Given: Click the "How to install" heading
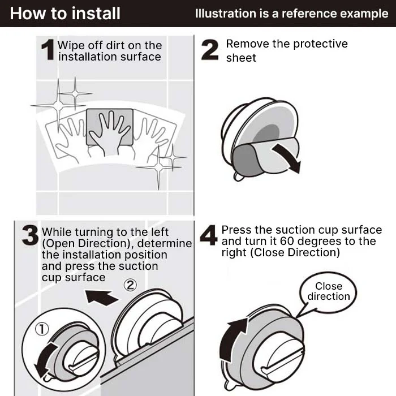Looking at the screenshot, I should pos(65,13).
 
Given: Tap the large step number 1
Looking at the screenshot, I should pos(48,51).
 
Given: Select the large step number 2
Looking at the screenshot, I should pos(210,50).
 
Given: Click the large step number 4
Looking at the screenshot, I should pos(209,236).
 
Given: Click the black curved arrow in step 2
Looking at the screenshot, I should pos(286,157).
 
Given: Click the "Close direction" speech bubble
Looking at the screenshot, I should pos(329,292).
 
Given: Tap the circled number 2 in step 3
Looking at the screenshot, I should pos(130,286).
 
